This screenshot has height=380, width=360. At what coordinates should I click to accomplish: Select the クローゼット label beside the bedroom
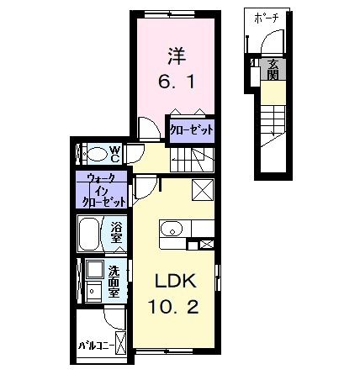tap(191, 129)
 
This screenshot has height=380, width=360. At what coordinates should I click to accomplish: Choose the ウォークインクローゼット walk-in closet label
tap(103, 191)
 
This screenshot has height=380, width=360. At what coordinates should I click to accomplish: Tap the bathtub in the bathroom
tap(90, 232)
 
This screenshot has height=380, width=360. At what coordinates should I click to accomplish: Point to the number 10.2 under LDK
tap(175, 307)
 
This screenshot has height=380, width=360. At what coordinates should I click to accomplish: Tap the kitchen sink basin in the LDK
tap(171, 228)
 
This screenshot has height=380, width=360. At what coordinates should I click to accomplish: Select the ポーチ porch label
tap(271, 17)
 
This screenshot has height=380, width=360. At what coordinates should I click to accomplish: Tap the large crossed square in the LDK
tap(203, 189)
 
